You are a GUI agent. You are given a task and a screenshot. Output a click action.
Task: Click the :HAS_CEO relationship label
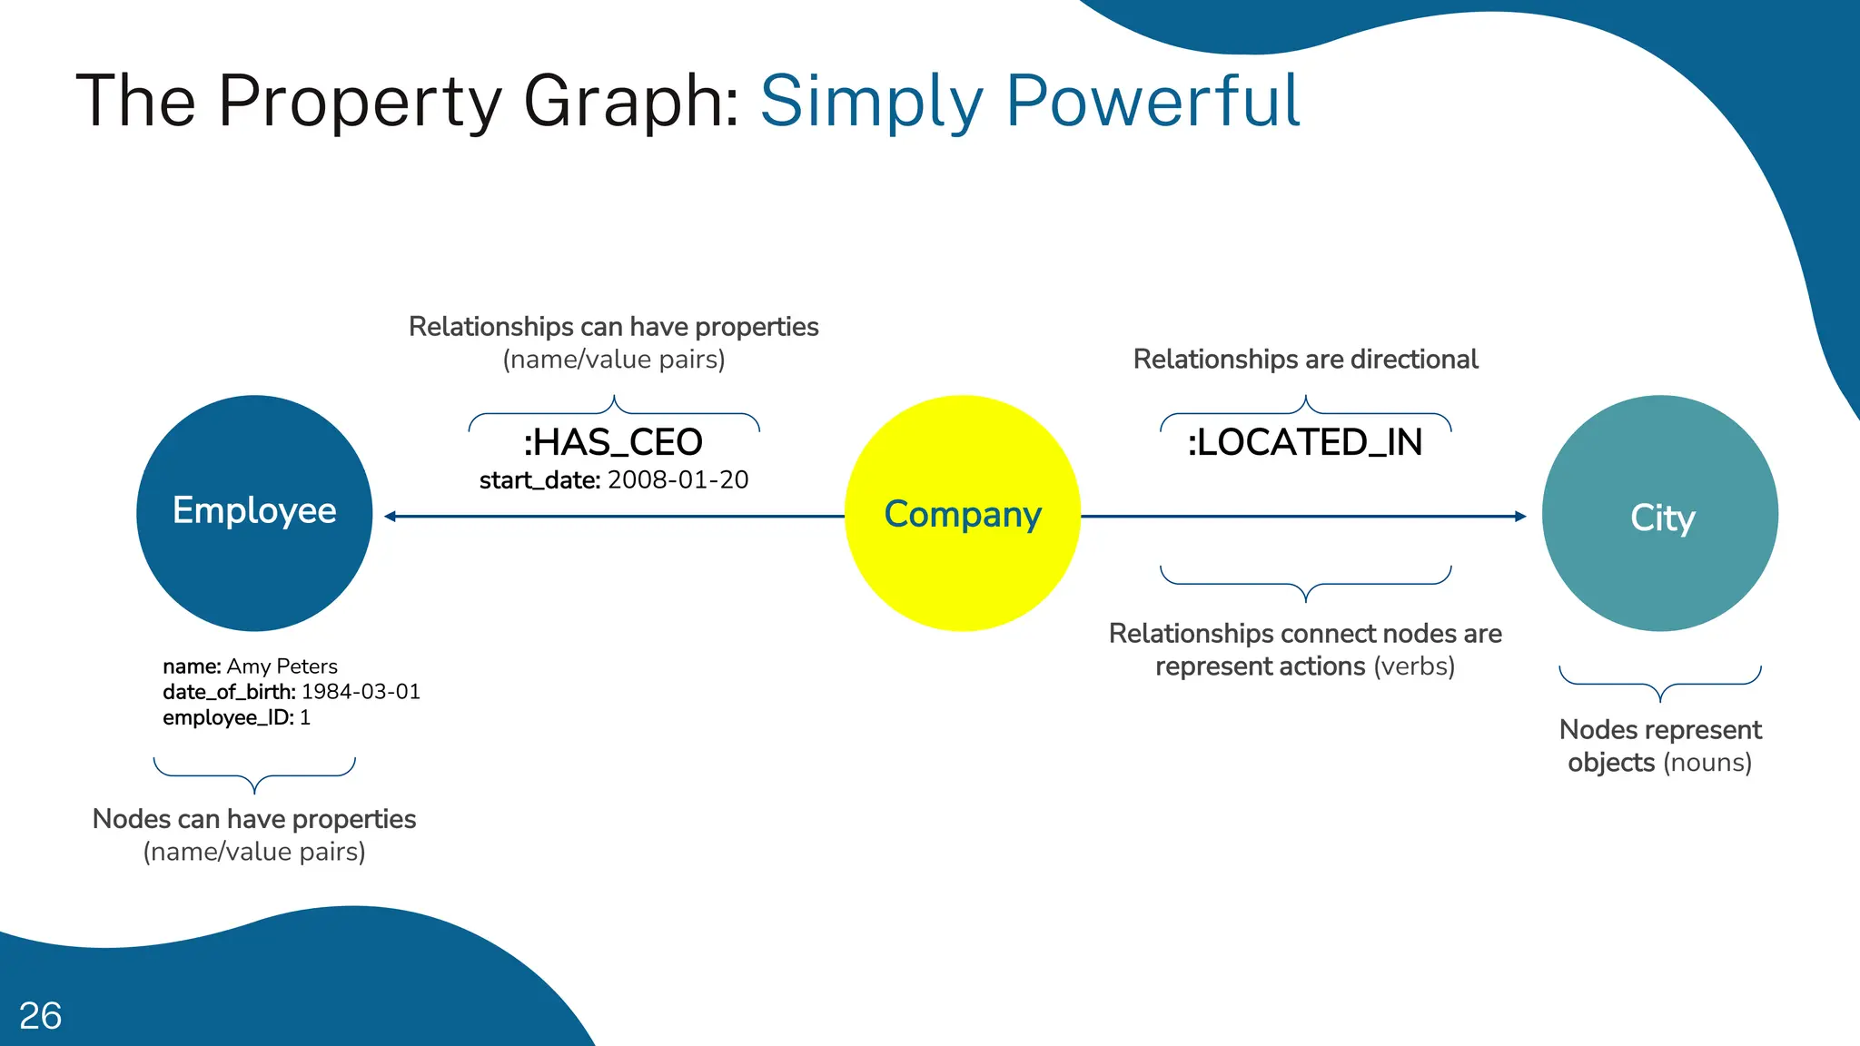pyautogui.click(x=613, y=442)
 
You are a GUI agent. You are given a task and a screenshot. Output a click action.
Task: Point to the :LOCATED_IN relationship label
pyautogui.click(x=1305, y=442)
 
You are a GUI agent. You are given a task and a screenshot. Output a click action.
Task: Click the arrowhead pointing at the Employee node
pyautogui.click(x=391, y=516)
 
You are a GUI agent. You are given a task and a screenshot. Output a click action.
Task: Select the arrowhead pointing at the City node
pyautogui.click(x=1520, y=516)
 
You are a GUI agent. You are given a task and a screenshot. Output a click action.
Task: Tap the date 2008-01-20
pyautogui.click(x=678, y=479)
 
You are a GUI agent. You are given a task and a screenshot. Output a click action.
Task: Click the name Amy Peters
pyautogui.click(x=282, y=666)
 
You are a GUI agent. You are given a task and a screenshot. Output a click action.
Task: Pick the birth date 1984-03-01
pyautogui.click(x=361, y=692)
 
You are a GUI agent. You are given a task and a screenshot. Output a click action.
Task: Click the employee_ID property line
pyautogui.click(x=236, y=717)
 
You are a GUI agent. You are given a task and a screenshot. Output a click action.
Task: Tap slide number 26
pyautogui.click(x=41, y=1016)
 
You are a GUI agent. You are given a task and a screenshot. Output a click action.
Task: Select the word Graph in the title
pyautogui.click(x=631, y=102)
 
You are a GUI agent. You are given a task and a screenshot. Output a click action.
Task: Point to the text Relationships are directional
pyautogui.click(x=1305, y=360)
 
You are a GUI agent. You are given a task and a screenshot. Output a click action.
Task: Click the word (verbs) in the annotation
pyautogui.click(x=1414, y=666)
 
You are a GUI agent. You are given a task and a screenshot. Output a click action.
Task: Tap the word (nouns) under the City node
pyautogui.click(x=1707, y=763)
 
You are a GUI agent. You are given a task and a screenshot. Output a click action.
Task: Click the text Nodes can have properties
pyautogui.click(x=254, y=819)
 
